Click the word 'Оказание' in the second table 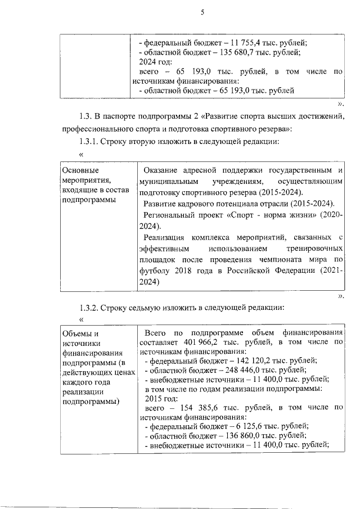click(162, 170)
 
